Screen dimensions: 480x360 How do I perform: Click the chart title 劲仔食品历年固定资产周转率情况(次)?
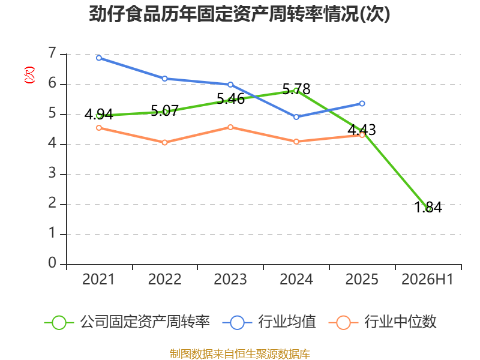click(239, 14)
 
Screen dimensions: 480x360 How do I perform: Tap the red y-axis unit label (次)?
click(29, 75)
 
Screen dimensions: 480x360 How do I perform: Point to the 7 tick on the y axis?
click(52, 53)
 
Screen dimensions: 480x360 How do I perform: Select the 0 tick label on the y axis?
click(52, 263)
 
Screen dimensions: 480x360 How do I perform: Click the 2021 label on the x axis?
click(98, 280)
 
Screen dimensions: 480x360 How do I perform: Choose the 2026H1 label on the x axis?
click(427, 280)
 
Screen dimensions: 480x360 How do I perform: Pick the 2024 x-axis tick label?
click(296, 280)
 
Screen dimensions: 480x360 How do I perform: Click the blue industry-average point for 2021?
click(99, 58)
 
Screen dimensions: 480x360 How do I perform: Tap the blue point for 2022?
click(164, 79)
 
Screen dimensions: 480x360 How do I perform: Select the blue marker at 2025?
click(362, 103)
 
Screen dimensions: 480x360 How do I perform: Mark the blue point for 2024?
click(296, 117)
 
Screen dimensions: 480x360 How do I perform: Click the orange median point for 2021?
click(99, 128)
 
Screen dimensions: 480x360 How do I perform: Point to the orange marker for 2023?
click(230, 127)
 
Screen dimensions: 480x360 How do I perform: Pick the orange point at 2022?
click(164, 142)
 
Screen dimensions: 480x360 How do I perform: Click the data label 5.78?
click(296, 89)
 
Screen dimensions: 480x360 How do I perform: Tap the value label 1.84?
click(428, 207)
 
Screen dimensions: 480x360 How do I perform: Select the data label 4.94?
click(99, 115)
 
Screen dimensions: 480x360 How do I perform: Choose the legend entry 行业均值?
click(269, 322)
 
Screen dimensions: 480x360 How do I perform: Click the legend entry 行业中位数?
click(382, 322)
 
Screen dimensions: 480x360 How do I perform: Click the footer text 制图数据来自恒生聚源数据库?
click(240, 354)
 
